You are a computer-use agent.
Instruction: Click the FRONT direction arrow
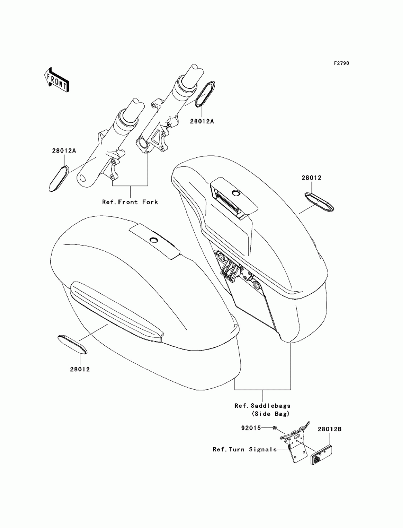56,79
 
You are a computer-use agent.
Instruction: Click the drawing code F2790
341,63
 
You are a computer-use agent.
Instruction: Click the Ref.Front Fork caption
130,202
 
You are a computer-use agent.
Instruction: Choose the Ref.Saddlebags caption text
262,406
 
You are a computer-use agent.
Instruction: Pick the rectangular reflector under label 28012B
322,455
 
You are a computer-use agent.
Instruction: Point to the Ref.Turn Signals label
245,449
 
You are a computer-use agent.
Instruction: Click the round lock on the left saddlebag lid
154,240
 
